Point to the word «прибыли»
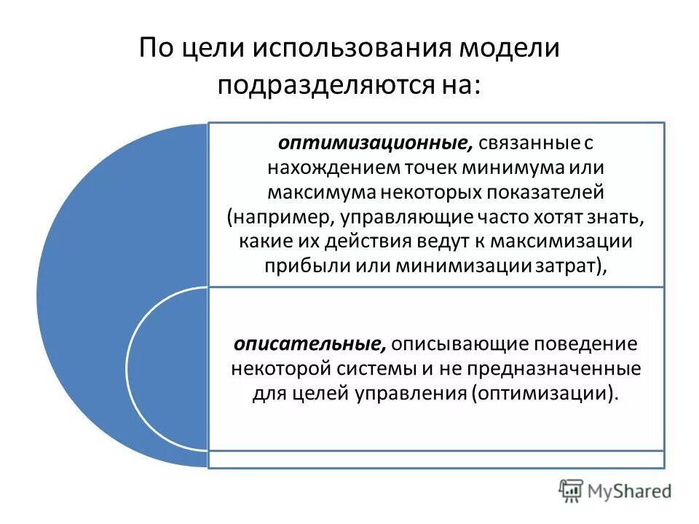coord(304,266)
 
